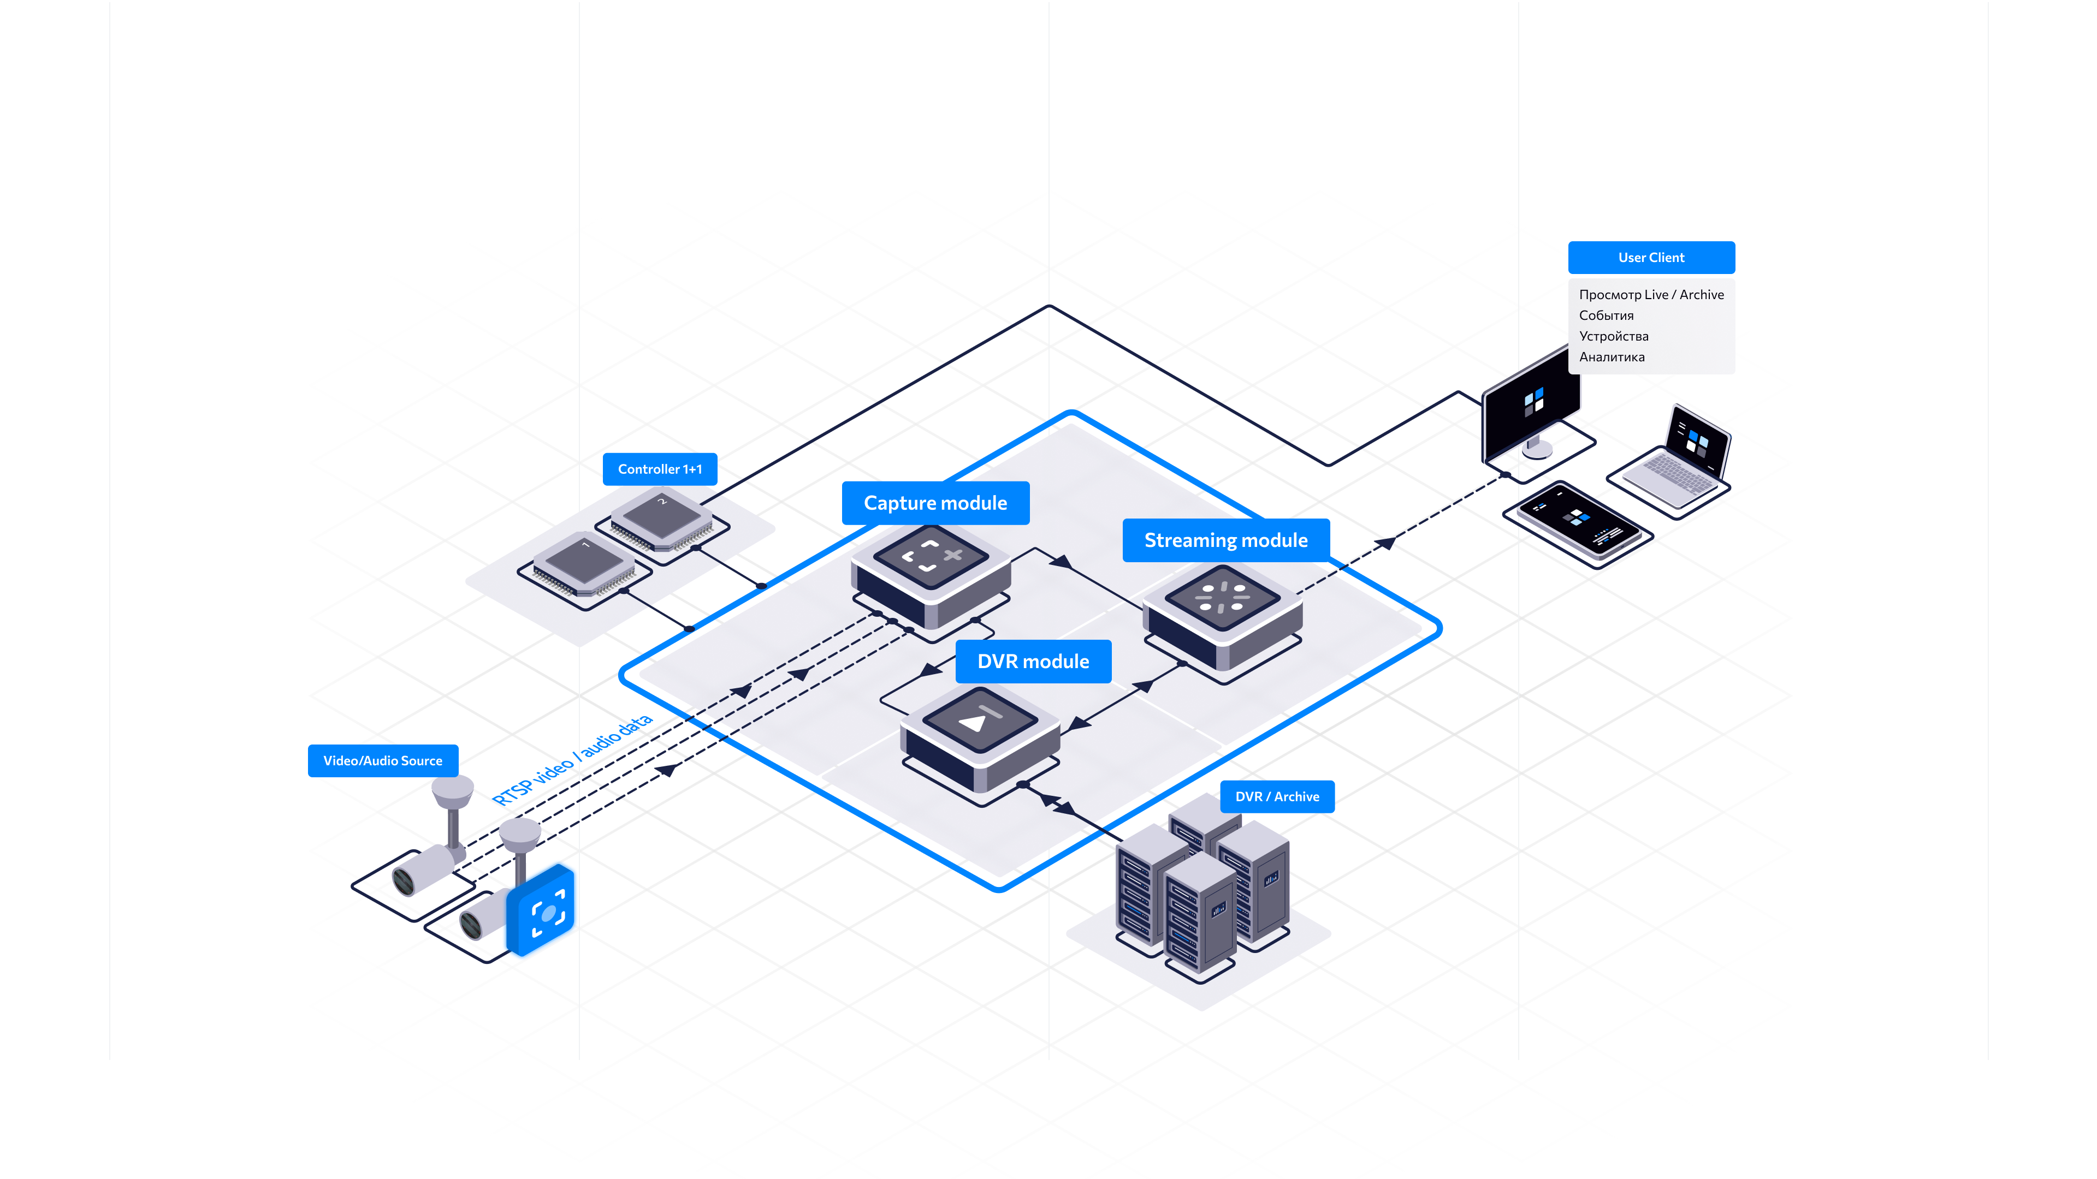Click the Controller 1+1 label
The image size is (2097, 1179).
click(x=659, y=469)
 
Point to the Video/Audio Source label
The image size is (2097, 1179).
click(x=383, y=761)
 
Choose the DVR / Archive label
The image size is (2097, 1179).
click(x=1276, y=796)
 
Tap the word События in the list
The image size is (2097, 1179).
click(x=1606, y=315)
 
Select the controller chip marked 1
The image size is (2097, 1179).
click(x=584, y=563)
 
